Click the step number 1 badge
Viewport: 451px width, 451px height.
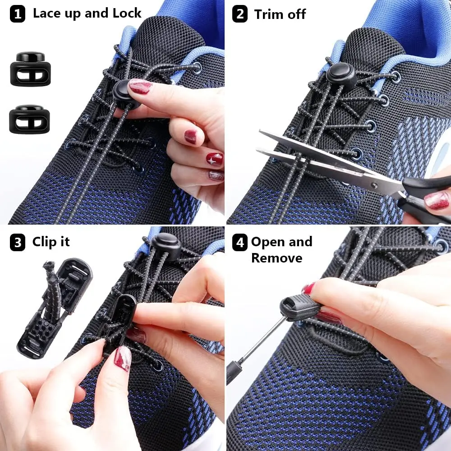[x=17, y=14]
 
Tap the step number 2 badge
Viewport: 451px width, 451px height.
[x=240, y=14]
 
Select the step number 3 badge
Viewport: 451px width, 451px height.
[x=17, y=243]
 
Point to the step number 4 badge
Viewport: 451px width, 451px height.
[x=240, y=243]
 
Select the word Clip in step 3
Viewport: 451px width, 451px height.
[x=44, y=242]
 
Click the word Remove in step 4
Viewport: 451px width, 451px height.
[x=276, y=258]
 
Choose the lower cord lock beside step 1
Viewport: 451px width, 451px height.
[x=30, y=119]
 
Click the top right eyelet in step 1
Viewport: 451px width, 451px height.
[x=197, y=68]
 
